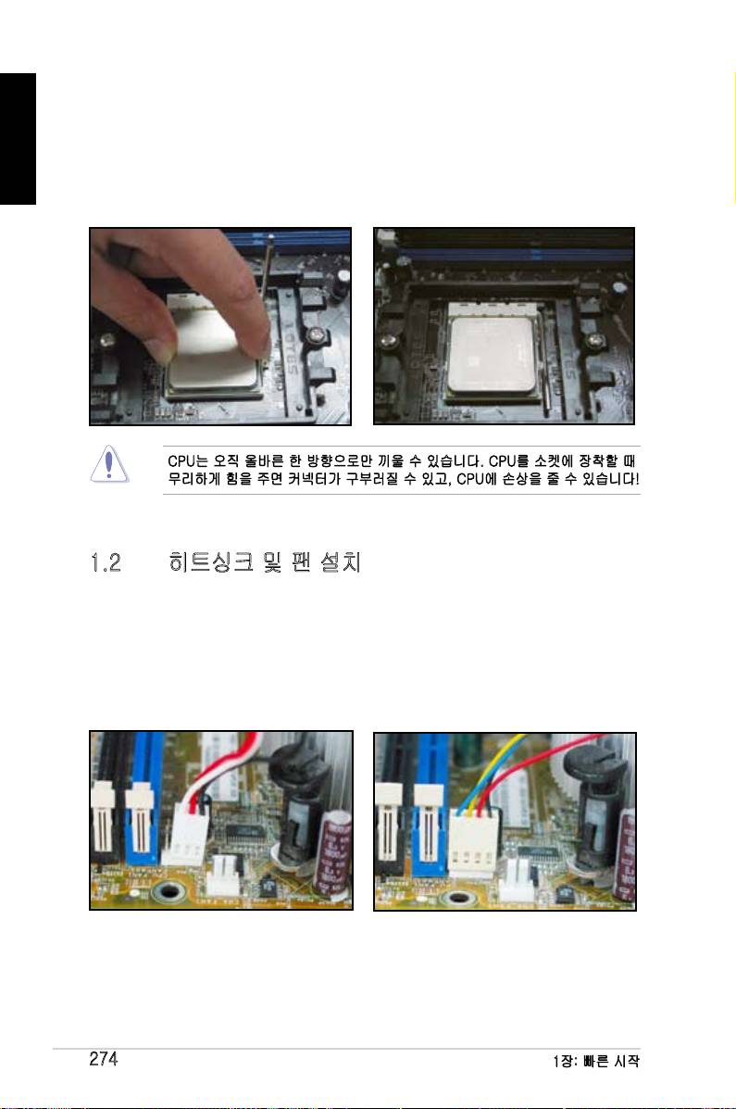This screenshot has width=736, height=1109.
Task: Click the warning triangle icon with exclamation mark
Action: pyautogui.click(x=109, y=465)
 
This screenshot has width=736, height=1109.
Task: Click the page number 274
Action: pyautogui.click(x=103, y=1059)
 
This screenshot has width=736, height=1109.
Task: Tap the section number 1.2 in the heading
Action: pyautogui.click(x=106, y=563)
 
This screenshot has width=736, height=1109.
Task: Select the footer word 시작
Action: pyautogui.click(x=624, y=1061)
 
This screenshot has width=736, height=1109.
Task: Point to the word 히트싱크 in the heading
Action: pyautogui.click(x=211, y=562)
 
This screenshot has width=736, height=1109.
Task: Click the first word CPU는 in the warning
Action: pyautogui.click(x=187, y=461)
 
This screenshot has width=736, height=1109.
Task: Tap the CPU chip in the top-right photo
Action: pyautogui.click(x=493, y=356)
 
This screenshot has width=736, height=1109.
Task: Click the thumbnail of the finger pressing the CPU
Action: pyautogui.click(x=220, y=326)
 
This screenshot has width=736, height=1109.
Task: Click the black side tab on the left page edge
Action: pyautogui.click(x=18, y=139)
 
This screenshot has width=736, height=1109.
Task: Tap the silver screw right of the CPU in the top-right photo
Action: pyautogui.click(x=597, y=342)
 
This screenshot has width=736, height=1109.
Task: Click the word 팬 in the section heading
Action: pyautogui.click(x=301, y=562)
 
